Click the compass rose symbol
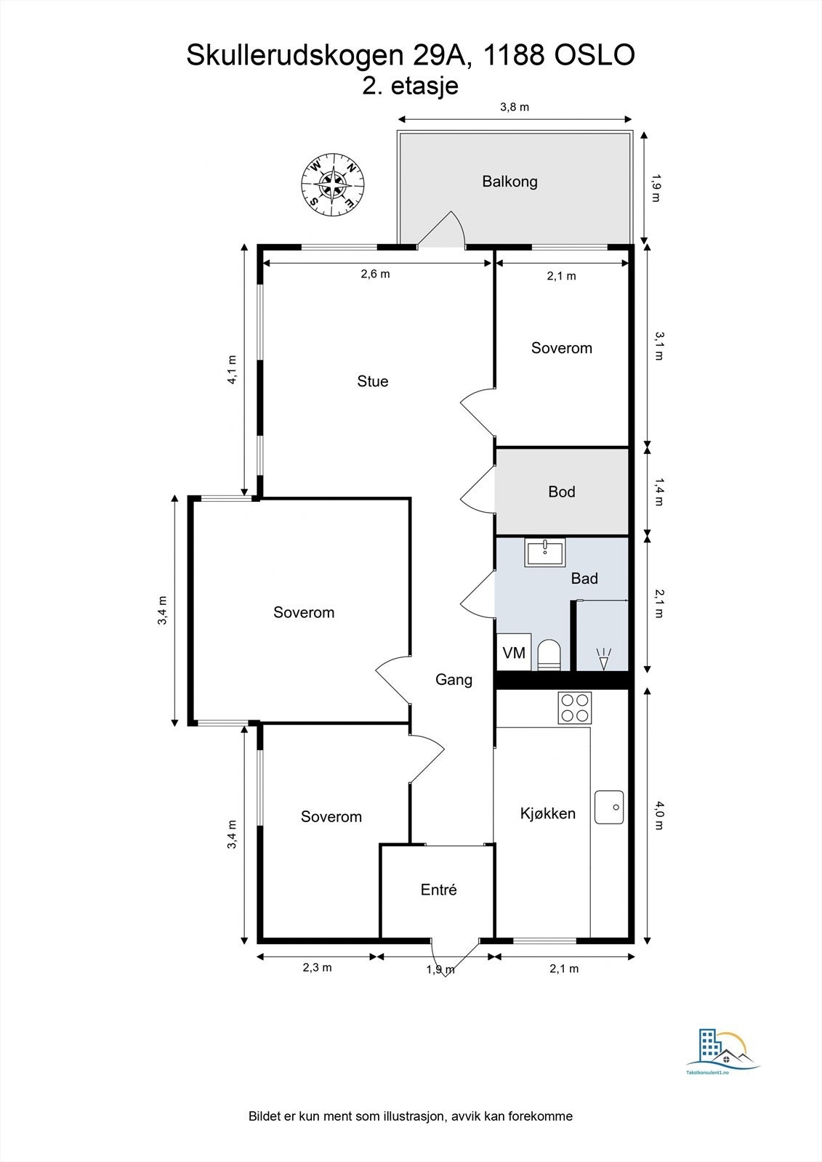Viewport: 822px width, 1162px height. click(x=332, y=184)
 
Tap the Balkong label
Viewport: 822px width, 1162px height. click(x=509, y=182)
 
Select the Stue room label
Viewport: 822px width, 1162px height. click(x=372, y=381)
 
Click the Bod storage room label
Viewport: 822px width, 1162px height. click(x=561, y=491)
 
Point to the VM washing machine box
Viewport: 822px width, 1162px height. click(x=514, y=652)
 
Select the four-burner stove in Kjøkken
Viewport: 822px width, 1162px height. click(x=575, y=708)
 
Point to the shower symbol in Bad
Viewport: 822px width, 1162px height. click(x=603, y=659)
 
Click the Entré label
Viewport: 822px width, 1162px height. click(x=438, y=890)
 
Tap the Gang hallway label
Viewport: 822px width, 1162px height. click(x=454, y=680)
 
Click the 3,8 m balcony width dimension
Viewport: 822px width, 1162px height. click(x=514, y=107)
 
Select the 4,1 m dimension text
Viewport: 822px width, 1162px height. click(x=232, y=370)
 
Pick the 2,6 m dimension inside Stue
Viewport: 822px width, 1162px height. click(x=375, y=274)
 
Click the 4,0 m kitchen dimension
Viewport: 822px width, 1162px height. click(x=658, y=815)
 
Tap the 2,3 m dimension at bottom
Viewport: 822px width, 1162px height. click(x=317, y=967)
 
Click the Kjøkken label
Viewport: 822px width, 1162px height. click(x=548, y=813)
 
